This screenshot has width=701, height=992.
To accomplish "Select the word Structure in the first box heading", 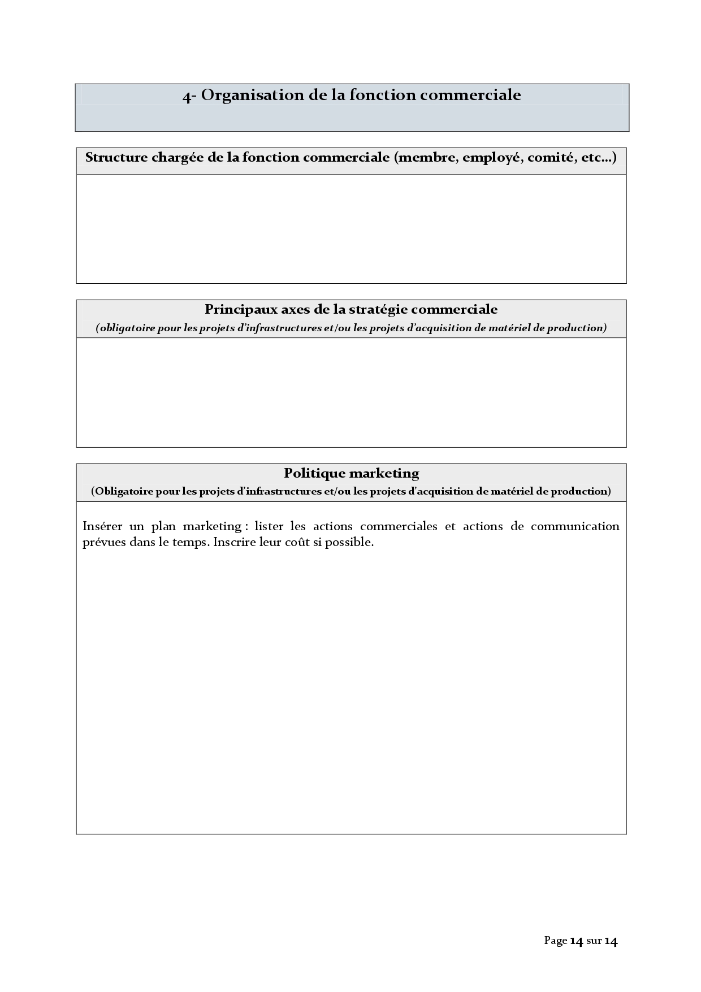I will pos(116,158).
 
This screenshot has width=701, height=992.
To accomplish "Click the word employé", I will pos(492,158).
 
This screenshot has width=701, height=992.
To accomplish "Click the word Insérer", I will pos(102,526).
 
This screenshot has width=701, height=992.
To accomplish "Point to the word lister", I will pos(269,526).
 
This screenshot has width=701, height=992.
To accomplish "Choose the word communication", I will pos(575,526).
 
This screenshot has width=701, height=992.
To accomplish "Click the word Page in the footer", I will pos(555,941).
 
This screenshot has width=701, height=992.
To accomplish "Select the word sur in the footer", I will pos(594,941).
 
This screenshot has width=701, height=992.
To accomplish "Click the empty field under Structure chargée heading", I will pos(351,229).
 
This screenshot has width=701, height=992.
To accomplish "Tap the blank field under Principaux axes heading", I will pos(351,392).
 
